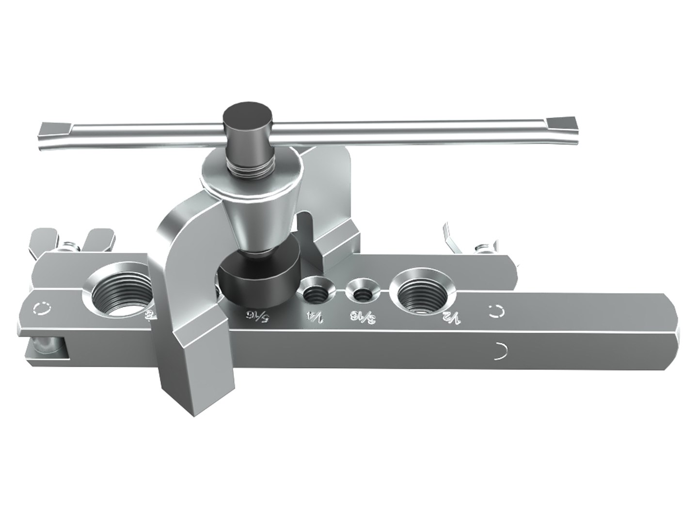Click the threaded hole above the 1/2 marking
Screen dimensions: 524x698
click(x=421, y=293)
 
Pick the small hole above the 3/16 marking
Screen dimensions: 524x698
click(x=362, y=293)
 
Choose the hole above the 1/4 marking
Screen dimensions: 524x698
click(x=315, y=293)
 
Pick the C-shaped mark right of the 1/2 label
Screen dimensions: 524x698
click(x=495, y=311)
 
